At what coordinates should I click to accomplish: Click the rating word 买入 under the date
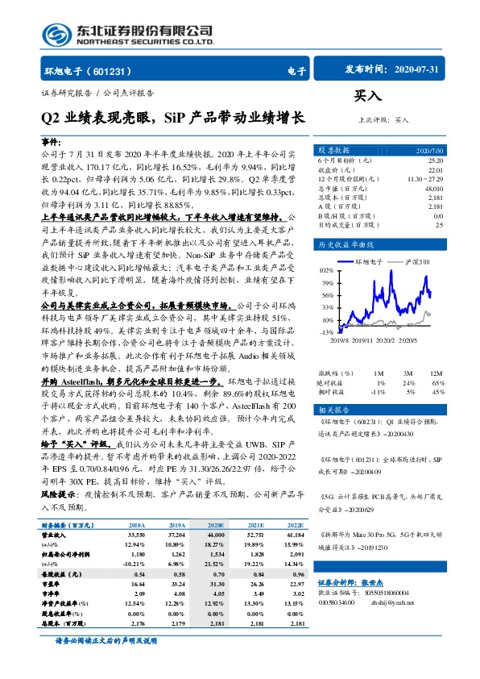(368, 96)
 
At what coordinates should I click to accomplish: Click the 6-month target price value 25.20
(434, 161)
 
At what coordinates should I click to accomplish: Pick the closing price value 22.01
(435, 170)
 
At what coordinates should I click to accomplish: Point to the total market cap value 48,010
(431, 188)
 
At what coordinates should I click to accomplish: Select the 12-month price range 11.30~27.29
(425, 179)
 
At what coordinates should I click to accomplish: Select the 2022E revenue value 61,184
(297, 534)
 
